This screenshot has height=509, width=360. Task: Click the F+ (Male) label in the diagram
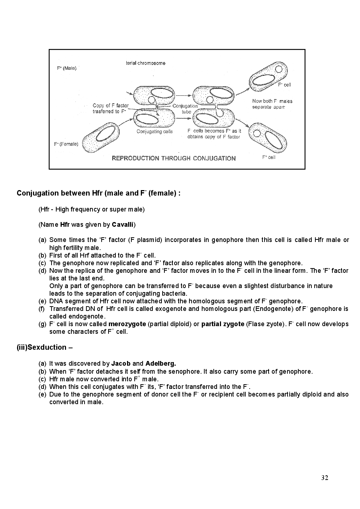click(67, 68)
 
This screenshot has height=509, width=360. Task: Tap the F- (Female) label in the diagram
click(66, 144)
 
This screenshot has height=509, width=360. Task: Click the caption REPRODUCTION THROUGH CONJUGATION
click(173, 158)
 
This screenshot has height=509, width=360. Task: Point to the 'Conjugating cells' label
click(154, 131)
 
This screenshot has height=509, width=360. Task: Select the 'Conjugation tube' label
click(185, 109)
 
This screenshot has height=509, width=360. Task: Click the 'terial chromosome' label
click(146, 63)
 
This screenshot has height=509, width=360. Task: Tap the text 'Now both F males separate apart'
click(272, 104)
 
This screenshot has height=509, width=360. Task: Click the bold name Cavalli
click(123, 225)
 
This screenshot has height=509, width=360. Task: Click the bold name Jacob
click(121, 364)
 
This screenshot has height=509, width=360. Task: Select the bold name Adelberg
click(160, 364)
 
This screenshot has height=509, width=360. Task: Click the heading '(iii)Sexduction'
click(45, 348)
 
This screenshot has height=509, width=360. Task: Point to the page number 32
click(324, 478)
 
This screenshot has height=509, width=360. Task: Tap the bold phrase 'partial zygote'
click(222, 324)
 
